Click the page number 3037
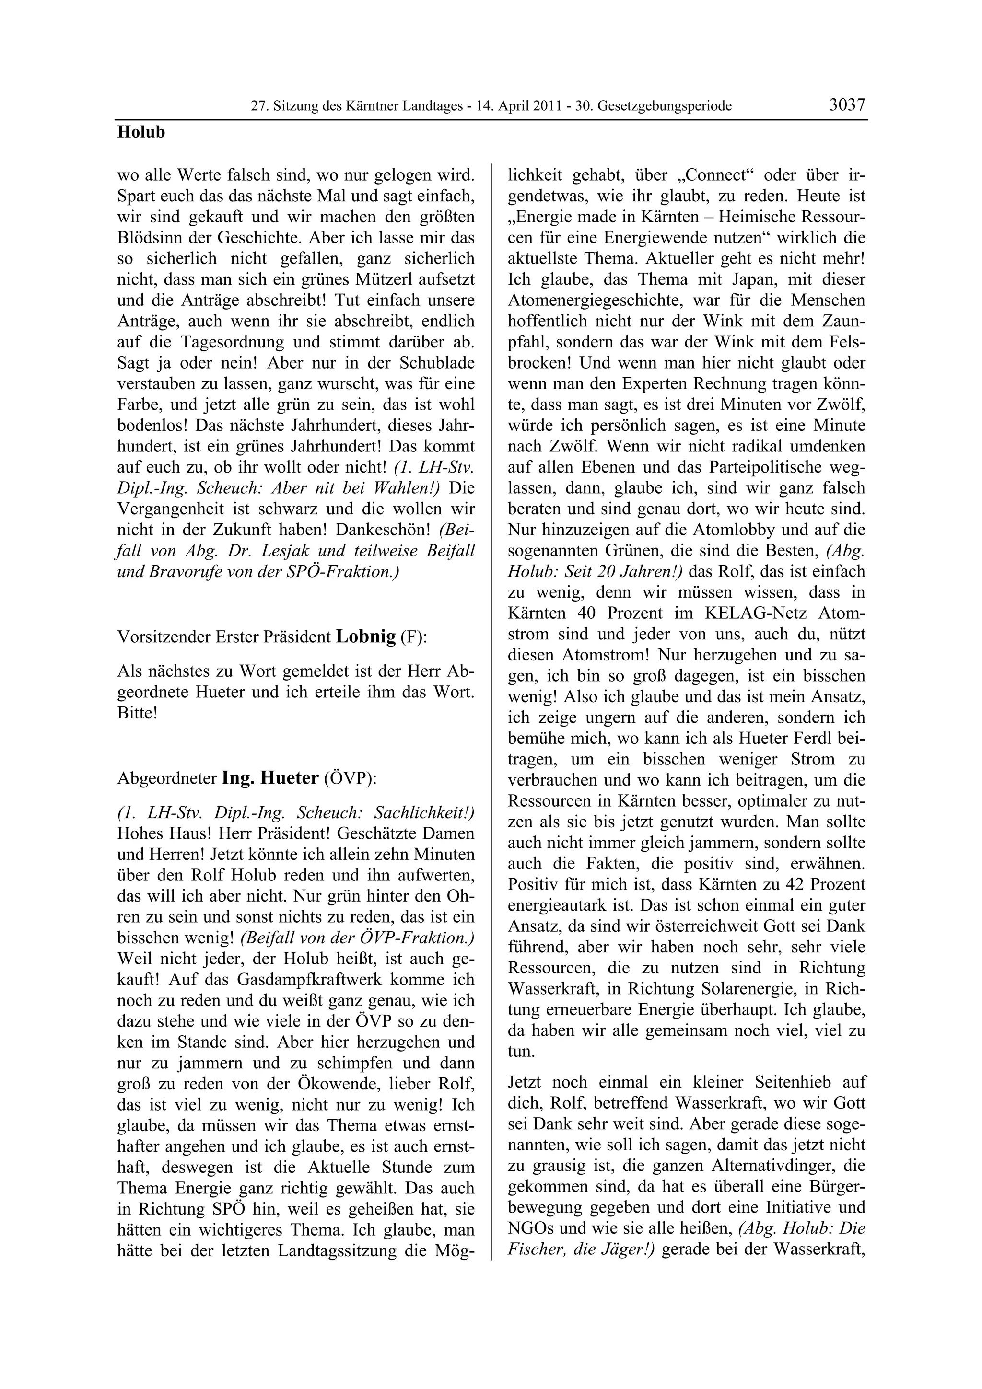[847, 105]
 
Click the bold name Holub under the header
[141, 132]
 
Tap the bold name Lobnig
[365, 637]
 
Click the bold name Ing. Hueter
[270, 778]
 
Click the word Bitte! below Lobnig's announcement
[137, 713]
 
